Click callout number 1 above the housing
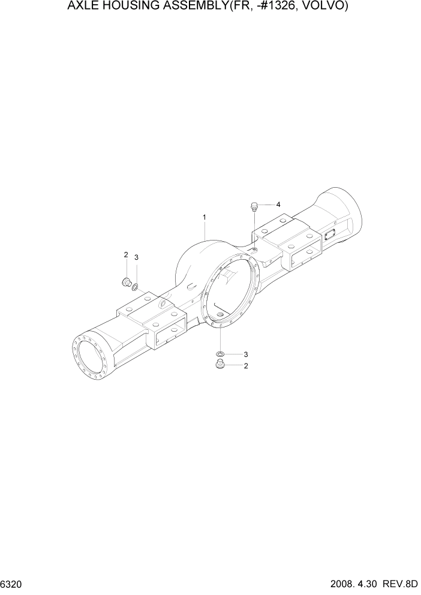click(x=205, y=217)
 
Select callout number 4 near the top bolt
click(x=278, y=204)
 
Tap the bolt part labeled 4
click(x=254, y=208)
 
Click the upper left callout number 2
click(x=126, y=255)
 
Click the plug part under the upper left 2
click(x=126, y=281)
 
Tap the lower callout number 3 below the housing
click(x=245, y=354)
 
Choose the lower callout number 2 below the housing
click(x=245, y=366)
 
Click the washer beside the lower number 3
click(x=221, y=354)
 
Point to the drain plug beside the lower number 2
click(x=219, y=365)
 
